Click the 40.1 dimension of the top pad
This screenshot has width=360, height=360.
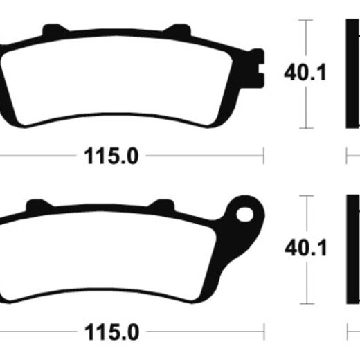click(x=305, y=73)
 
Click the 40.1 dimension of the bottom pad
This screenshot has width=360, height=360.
click(x=306, y=248)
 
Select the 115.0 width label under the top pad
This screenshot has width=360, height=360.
click(x=111, y=156)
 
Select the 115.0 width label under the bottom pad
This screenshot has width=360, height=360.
click(x=112, y=332)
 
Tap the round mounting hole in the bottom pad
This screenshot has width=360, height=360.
click(x=245, y=215)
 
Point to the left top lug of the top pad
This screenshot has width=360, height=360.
click(x=55, y=29)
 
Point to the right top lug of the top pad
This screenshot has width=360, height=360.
click(x=178, y=30)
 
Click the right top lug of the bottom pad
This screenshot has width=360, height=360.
click(x=162, y=205)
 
